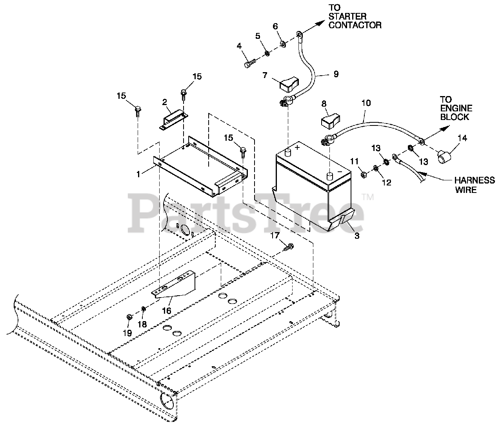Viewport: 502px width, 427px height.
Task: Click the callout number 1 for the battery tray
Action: [138, 174]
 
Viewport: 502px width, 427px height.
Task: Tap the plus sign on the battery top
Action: [297, 147]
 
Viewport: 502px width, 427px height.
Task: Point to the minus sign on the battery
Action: [340, 172]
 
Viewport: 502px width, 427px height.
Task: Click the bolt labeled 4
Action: [249, 62]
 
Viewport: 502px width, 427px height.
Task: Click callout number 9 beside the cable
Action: [336, 74]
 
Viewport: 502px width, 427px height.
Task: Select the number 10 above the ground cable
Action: [366, 103]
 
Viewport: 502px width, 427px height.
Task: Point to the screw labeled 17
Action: [289, 247]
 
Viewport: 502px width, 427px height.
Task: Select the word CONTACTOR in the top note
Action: [355, 25]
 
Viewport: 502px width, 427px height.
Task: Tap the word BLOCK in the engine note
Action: [455, 117]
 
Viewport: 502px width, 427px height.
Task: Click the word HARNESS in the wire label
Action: [474, 180]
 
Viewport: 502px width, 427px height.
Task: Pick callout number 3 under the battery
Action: [356, 236]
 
